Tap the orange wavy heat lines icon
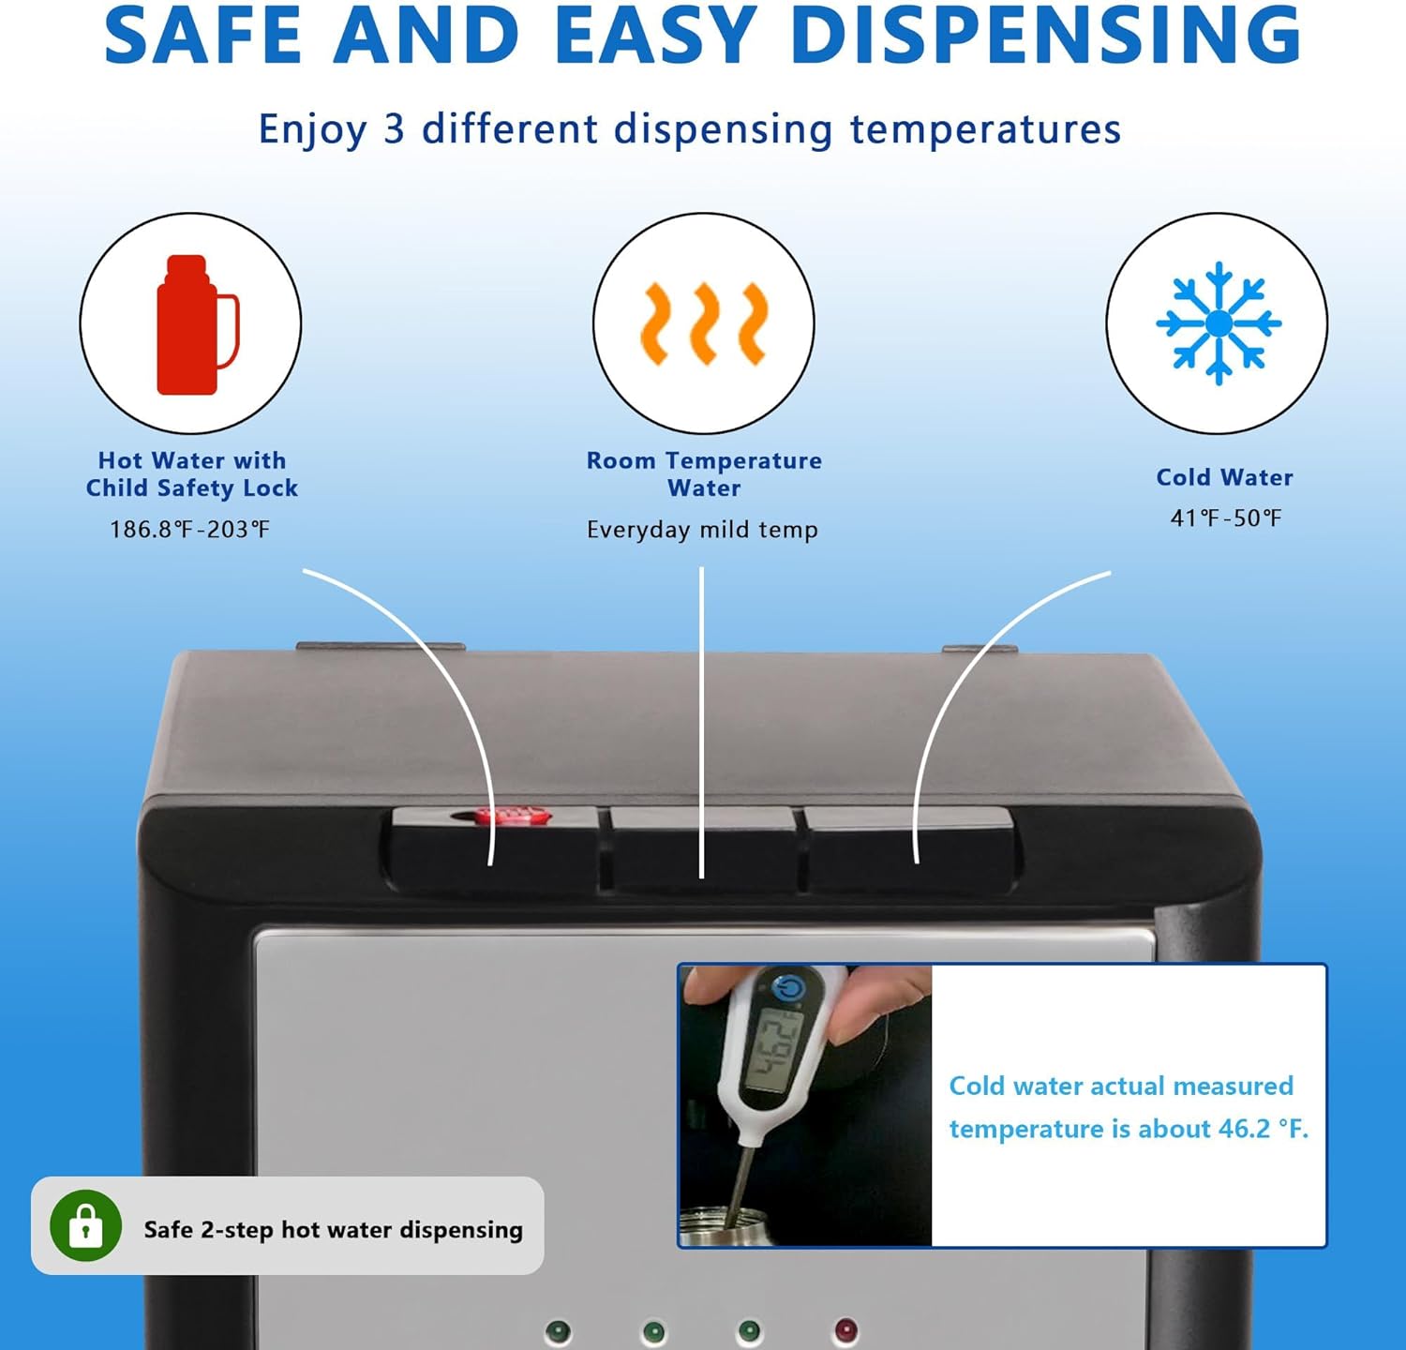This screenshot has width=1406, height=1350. point(703,324)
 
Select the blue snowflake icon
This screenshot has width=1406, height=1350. point(1218,323)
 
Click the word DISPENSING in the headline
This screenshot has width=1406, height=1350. point(1045,35)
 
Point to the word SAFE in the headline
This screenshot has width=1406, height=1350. point(202,35)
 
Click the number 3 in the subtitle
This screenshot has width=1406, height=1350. point(394,129)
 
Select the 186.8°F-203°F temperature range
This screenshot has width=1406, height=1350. point(190,530)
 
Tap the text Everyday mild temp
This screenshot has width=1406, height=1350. point(702,530)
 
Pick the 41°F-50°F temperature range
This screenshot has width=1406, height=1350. point(1225,518)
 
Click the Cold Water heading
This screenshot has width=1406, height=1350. point(1224,477)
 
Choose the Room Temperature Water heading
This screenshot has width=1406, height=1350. point(704,473)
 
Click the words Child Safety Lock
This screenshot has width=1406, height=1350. point(192,488)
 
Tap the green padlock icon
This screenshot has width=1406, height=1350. point(86,1226)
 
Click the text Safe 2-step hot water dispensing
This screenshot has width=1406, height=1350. point(333,1230)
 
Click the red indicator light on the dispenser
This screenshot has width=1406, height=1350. point(845,1329)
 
